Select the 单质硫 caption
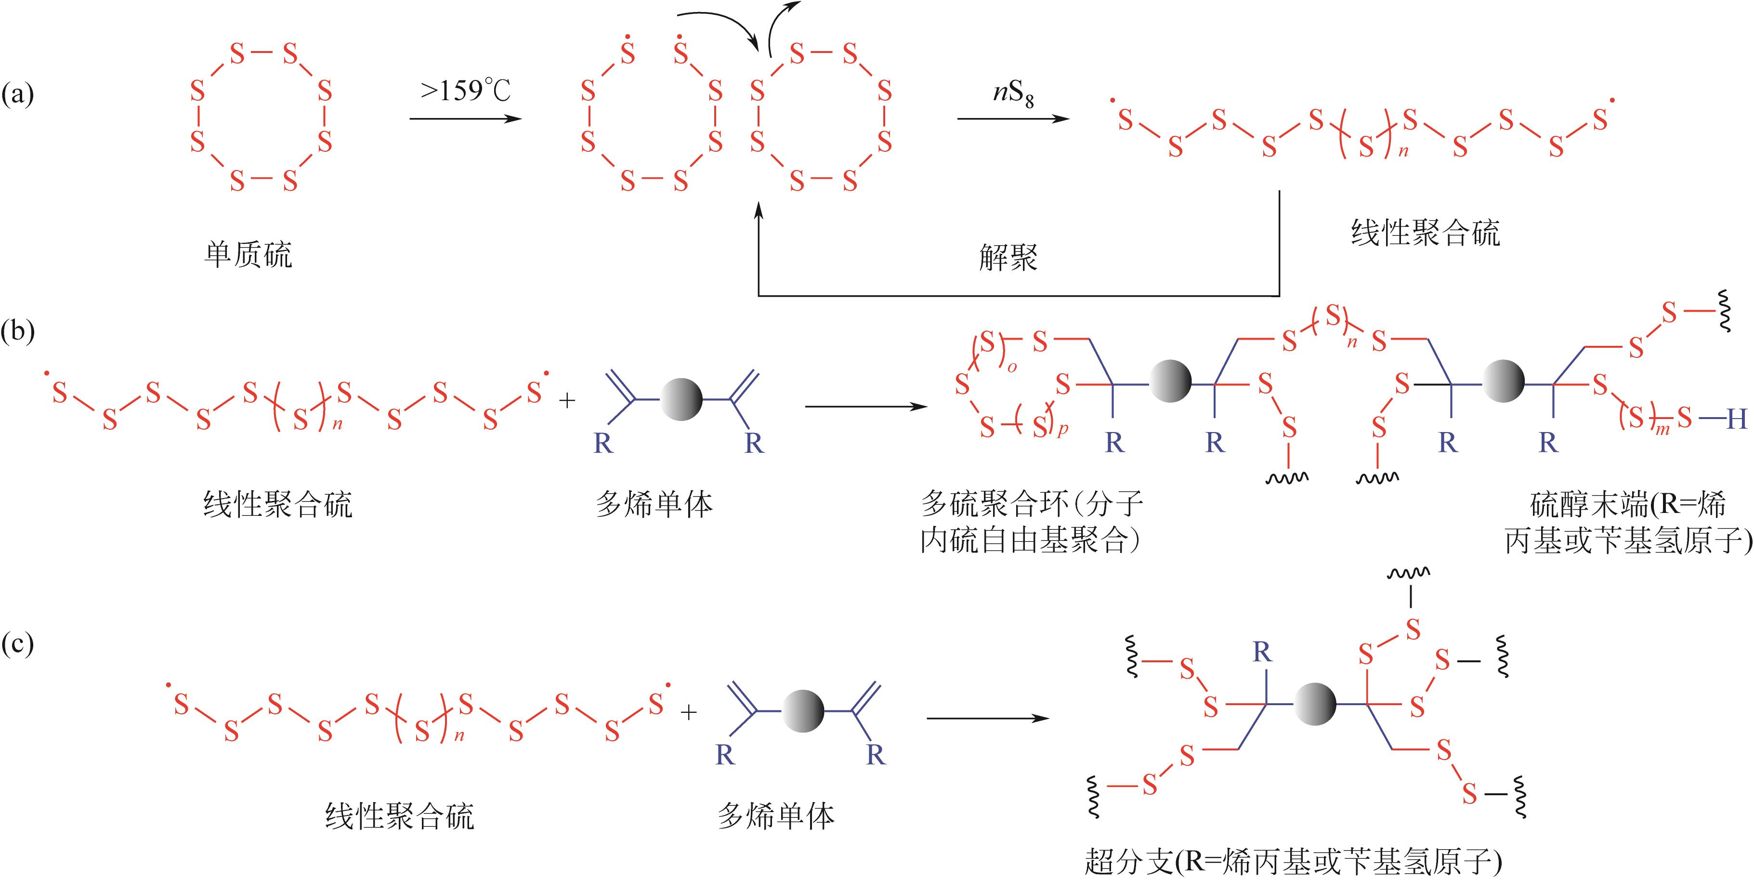tap(248, 255)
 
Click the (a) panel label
tap(18, 93)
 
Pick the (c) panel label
tap(18, 643)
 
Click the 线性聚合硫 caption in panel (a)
tap(1425, 233)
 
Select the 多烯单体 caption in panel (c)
tap(776, 816)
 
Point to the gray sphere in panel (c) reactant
tap(803, 711)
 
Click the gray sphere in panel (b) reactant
tap(681, 399)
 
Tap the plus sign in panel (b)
tap(566, 400)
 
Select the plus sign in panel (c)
tap(689, 712)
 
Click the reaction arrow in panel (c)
tap(987, 718)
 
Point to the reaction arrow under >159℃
tap(465, 119)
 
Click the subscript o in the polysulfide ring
tap(1012, 368)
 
